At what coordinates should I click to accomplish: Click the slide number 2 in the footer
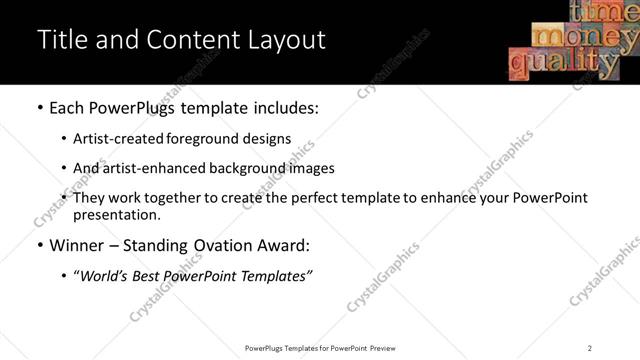point(590,347)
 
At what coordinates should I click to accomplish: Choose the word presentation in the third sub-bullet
point(116,214)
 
